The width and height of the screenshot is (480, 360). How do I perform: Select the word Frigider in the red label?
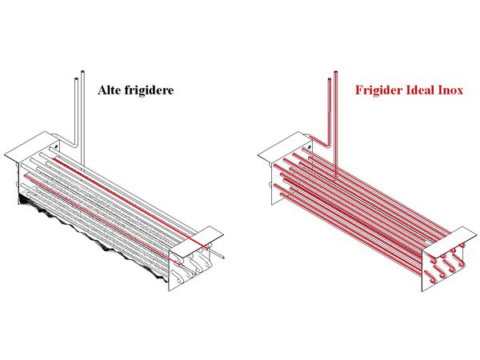(x=378, y=90)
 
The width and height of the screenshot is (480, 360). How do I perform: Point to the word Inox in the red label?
(x=450, y=90)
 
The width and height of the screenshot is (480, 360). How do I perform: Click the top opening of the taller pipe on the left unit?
(x=82, y=72)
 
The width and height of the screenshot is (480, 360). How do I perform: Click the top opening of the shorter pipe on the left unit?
(x=77, y=79)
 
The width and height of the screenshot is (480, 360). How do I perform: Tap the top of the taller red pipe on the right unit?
(x=336, y=72)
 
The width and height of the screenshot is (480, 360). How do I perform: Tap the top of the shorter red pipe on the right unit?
(x=330, y=79)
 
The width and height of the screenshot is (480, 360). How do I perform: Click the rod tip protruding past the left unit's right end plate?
(x=223, y=258)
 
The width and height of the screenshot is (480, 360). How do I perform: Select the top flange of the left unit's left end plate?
(x=32, y=147)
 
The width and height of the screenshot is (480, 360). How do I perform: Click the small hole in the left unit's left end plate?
(x=56, y=146)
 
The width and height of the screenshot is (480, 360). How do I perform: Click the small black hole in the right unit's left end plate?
(x=310, y=147)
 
